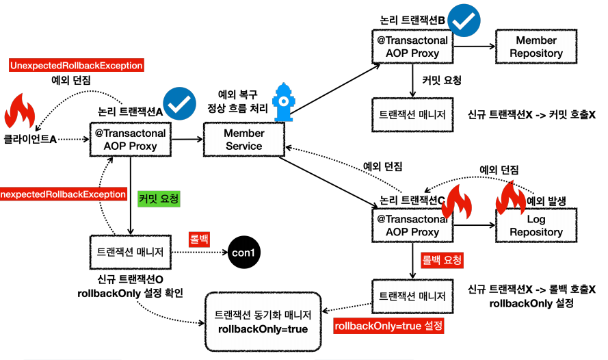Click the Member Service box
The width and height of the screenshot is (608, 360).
coord(243,140)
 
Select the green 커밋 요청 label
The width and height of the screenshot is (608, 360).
coord(159,199)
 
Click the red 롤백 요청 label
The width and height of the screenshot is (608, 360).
coord(439,261)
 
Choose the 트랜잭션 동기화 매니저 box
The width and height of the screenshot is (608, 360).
coord(263,322)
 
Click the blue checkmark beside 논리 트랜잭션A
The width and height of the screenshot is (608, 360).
coord(179,103)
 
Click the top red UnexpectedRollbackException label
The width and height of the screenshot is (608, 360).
coord(76,66)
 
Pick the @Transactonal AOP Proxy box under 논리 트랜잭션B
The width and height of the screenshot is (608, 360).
coord(412,47)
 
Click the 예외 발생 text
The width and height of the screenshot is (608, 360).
coord(551,201)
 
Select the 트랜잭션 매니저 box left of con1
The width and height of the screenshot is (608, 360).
coord(130,252)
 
